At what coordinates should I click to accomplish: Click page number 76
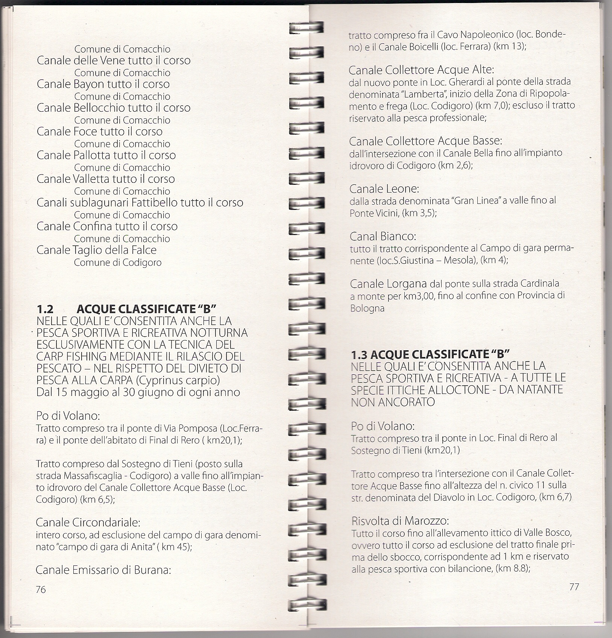[41, 589]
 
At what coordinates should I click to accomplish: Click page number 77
[574, 586]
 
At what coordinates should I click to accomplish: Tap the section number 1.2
[45, 309]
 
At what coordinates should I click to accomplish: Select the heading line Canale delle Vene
[113, 61]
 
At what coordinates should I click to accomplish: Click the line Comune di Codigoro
[117, 263]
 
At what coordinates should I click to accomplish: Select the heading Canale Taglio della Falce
[96, 250]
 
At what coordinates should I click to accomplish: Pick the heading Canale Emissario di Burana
[103, 570]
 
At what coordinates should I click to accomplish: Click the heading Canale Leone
[384, 188]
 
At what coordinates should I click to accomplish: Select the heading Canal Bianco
[383, 237]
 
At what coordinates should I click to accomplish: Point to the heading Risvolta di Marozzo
[400, 521]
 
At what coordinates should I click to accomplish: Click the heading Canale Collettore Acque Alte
[421, 70]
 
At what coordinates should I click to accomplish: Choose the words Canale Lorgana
[388, 284]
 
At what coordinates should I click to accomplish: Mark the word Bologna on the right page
[367, 308]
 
